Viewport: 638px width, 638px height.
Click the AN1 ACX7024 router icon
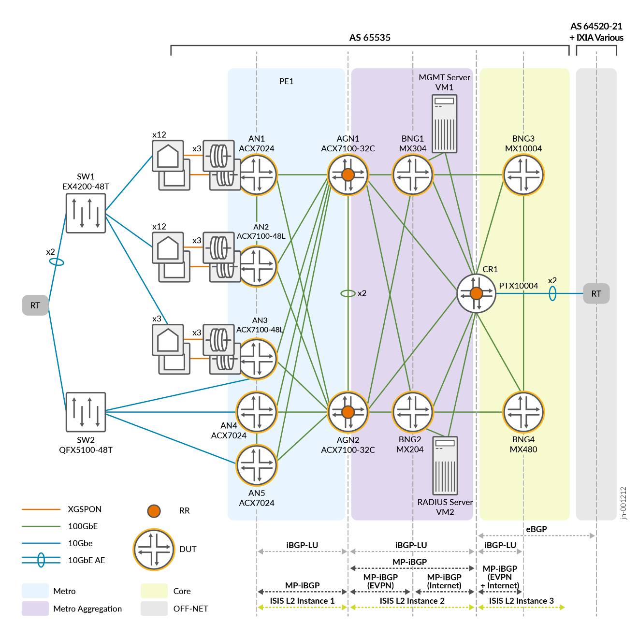click(x=257, y=174)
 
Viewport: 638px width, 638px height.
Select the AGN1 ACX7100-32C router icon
click(x=348, y=174)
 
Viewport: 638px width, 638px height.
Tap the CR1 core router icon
click(x=476, y=293)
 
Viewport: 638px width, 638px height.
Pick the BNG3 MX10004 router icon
click(x=523, y=174)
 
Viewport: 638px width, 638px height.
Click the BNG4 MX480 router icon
click(x=523, y=412)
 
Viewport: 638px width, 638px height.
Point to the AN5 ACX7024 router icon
click(x=257, y=465)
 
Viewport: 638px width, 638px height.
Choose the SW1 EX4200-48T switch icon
click(x=86, y=213)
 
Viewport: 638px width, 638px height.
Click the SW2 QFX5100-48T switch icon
click(x=86, y=412)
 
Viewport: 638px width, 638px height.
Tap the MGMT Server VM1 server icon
click(x=444, y=124)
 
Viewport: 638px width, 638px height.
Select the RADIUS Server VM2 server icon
click(x=445, y=465)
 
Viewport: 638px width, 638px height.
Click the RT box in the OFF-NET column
click(x=596, y=293)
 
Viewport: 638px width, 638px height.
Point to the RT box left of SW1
click(x=35, y=305)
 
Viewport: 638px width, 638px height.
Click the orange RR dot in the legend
click(x=154, y=511)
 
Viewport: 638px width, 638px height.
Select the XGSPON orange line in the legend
click(x=41, y=509)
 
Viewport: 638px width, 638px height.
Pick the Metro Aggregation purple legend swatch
click(x=35, y=609)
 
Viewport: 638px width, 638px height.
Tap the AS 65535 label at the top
click(x=370, y=38)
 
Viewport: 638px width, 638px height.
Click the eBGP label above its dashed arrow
click(x=536, y=529)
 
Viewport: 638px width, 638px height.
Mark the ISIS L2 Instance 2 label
click(x=412, y=601)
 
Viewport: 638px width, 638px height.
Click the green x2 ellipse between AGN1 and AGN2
click(x=348, y=293)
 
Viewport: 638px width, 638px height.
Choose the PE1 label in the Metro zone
click(x=286, y=81)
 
